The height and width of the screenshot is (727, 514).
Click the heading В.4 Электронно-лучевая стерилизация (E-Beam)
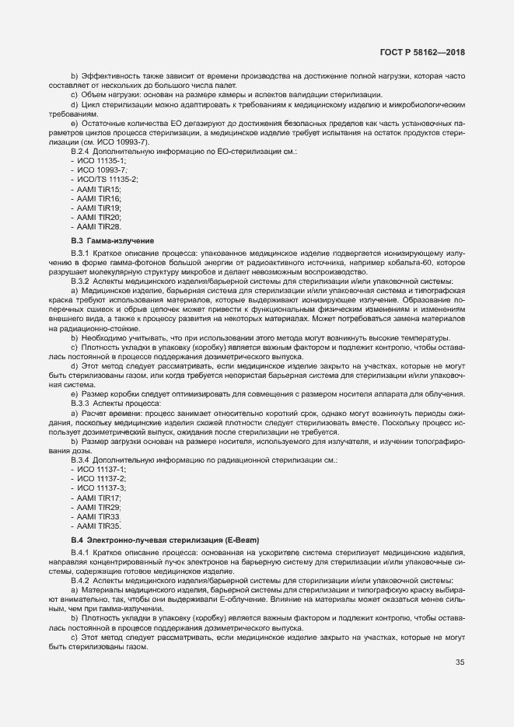165,540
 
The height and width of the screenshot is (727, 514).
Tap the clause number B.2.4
82,150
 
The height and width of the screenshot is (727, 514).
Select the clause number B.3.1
82,254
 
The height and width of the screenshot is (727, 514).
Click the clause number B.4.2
82,581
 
